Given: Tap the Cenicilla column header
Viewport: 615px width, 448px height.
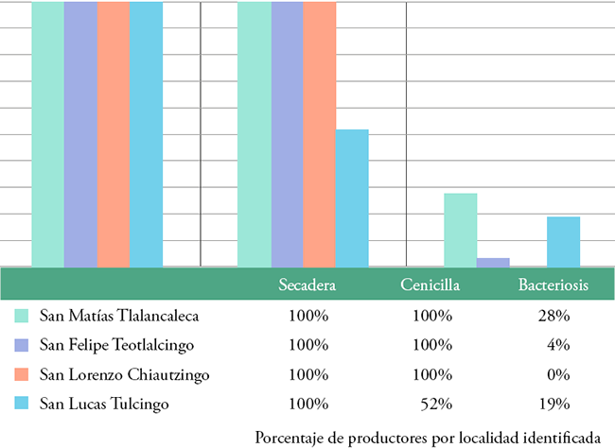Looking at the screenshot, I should coord(430,284).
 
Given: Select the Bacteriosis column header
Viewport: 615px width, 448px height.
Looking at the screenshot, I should coord(553,284).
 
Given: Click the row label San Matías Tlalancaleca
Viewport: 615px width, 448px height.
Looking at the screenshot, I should coord(119,315).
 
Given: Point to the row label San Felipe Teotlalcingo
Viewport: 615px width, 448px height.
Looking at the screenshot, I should coord(117,345).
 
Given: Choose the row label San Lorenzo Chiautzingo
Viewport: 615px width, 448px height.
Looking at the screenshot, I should coord(125,375).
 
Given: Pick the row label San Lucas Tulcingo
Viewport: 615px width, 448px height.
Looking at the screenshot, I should coord(104,405).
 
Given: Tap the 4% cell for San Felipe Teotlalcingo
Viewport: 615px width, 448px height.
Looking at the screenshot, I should coord(556,345).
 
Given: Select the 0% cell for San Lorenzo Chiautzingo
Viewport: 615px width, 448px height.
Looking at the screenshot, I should coord(556,375).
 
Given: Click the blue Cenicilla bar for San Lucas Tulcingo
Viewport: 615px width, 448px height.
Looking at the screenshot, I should coord(352,198).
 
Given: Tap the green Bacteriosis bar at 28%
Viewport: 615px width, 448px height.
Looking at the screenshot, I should coord(461,230).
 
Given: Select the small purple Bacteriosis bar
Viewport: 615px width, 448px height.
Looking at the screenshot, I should coord(493,262).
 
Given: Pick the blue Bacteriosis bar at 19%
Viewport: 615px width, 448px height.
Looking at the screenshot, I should coord(563,241).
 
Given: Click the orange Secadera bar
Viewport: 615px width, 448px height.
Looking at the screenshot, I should coord(114,132).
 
